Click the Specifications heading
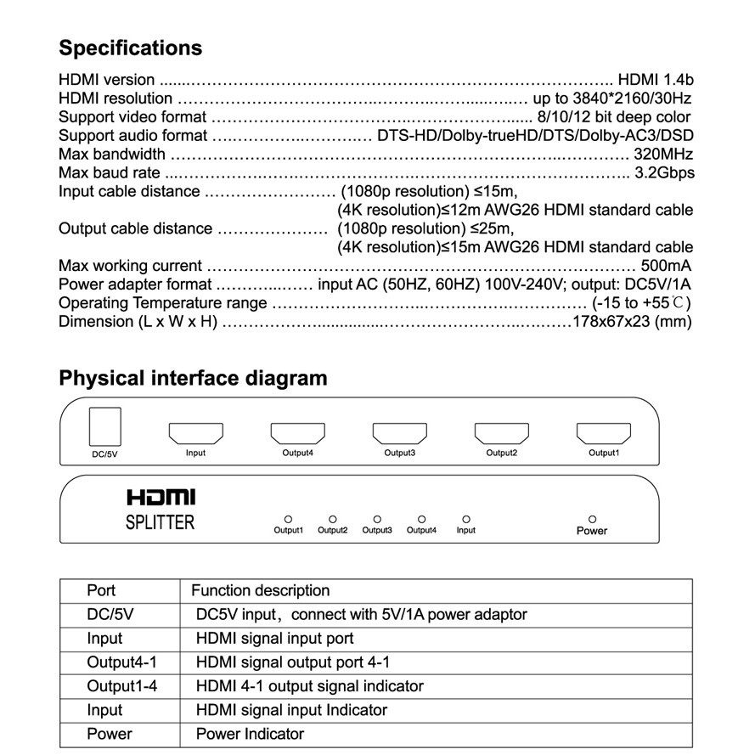tap(130, 48)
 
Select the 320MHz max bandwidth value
tap(663, 155)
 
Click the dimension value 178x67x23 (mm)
tap(633, 322)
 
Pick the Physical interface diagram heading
tap(193, 378)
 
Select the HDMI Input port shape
tap(195, 433)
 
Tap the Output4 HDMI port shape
tap(297, 433)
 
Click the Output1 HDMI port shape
tap(603, 433)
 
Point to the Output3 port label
tap(399, 454)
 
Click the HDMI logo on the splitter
tap(161, 496)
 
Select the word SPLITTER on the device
tap(161, 521)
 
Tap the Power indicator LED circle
tap(592, 518)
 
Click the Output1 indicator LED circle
tap(288, 518)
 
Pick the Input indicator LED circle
tap(465, 518)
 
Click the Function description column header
tap(260, 590)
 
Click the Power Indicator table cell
tap(250, 734)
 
